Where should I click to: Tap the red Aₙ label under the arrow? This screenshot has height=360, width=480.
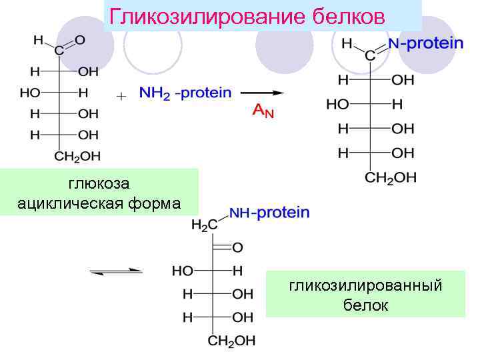[263, 111]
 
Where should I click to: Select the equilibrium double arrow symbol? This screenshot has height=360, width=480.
[117, 271]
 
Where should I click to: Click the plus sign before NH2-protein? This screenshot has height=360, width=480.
[121, 97]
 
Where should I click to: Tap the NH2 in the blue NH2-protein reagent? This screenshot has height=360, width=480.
[154, 93]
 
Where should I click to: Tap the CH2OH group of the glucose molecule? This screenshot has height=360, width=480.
[77, 157]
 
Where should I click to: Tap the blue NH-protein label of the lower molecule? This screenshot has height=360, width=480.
[269, 213]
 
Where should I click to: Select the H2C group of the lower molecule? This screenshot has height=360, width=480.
[204, 225]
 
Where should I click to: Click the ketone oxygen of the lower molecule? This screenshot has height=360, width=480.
[237, 247]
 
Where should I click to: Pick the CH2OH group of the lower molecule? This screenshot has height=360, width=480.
[231, 341]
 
